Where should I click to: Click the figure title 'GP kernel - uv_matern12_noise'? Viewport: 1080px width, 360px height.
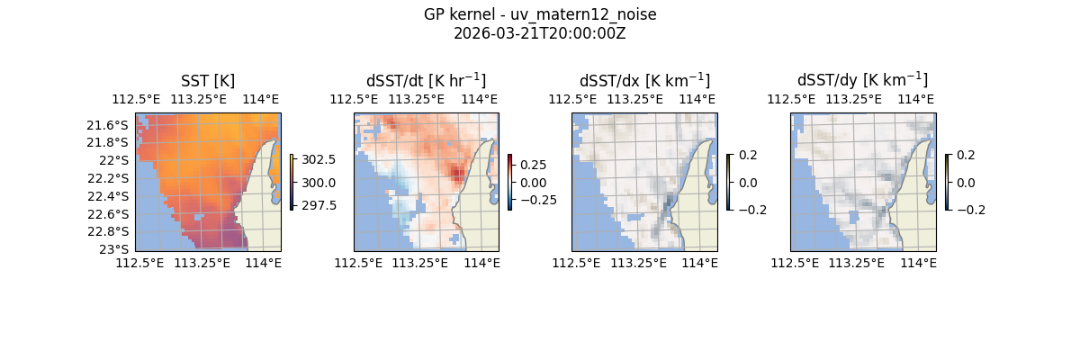coord(539,14)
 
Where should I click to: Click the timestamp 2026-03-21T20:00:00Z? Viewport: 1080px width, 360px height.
coord(539,33)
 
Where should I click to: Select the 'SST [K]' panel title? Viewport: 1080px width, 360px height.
coord(208,81)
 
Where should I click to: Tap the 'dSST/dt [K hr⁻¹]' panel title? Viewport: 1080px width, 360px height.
coord(426,81)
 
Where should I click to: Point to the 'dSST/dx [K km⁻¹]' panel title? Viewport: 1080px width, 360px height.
coord(644,81)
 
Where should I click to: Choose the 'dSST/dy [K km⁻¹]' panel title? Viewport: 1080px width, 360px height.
coord(862,81)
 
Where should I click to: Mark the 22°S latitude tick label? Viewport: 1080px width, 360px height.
coord(114,160)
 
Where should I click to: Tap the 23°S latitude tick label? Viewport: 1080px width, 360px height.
coord(114,249)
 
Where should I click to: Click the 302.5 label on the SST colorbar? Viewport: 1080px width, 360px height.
coord(319,159)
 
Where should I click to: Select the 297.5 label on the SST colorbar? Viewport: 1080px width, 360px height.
coord(319,205)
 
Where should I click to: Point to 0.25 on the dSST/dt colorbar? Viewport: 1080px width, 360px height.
coord(533,165)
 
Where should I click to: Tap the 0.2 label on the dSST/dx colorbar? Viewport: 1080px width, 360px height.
coord(748,155)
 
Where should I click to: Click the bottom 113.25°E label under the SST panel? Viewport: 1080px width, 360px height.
coord(202,263)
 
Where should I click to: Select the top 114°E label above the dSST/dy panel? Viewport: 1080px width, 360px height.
coord(916,99)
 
